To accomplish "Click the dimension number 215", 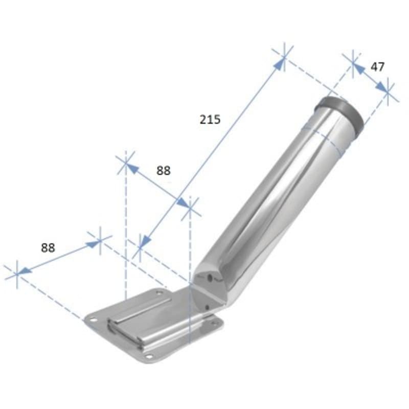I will click(210, 120).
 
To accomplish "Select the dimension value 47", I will click(378, 66).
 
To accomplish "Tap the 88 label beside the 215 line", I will click(163, 171).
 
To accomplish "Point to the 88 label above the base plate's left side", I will click(48, 247).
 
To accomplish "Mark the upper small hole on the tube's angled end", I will click(210, 278).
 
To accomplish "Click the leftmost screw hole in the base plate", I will click(93, 319).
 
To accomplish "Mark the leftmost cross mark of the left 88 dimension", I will click(17, 272).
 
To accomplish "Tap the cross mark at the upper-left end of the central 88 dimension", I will click(125, 163).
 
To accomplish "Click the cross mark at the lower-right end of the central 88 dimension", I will click(189, 208).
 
